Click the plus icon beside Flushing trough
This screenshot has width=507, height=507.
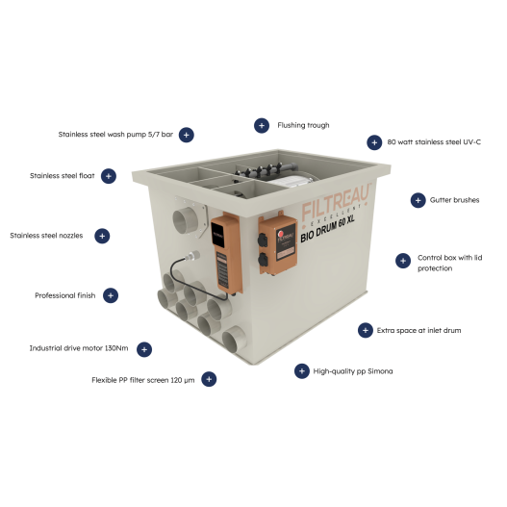pos(261,125)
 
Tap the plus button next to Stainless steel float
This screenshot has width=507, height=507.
pos(109,176)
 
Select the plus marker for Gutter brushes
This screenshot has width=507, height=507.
pos(418,200)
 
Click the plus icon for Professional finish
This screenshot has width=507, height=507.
pos(111,295)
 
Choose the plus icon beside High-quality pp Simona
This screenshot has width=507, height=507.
pos(299,370)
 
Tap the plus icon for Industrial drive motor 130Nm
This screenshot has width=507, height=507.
pos(144,348)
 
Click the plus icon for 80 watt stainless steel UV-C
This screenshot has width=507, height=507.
pos(373,142)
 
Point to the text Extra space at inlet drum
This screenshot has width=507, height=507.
pos(419,330)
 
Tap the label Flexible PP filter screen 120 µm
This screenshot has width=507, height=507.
pos(140,379)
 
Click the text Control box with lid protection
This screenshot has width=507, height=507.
pos(448,263)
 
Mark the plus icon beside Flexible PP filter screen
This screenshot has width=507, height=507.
pos(209,379)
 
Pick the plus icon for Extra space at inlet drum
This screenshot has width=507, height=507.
pos(365,330)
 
